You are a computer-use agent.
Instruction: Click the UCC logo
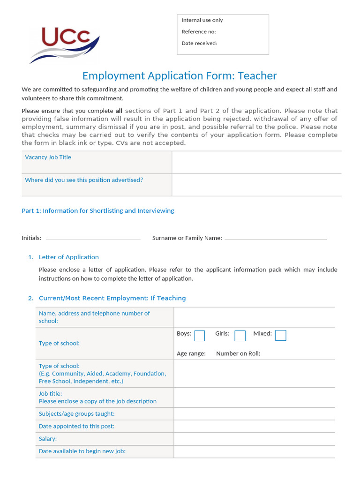64,44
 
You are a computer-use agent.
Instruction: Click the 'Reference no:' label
199,32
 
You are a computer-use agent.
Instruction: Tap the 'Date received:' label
199,43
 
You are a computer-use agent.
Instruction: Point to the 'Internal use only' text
202,20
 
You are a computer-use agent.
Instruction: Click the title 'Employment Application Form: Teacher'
180,75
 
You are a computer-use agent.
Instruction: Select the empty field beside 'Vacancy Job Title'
256,162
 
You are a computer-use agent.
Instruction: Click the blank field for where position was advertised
256,185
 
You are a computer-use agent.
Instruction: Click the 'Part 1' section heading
97,211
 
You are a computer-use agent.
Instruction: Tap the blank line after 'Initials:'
93,238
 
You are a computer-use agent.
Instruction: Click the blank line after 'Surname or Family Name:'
276,238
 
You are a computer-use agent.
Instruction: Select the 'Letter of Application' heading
68,257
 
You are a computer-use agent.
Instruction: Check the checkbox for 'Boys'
200,336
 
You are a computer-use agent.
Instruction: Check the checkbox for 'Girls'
240,336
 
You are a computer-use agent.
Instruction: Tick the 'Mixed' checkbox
281,336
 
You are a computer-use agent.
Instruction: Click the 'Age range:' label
191,353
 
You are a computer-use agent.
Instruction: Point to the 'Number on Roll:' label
238,353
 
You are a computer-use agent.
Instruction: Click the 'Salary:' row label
48,439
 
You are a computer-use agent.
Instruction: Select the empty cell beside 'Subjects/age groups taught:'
254,413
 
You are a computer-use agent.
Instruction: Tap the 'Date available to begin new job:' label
82,451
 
